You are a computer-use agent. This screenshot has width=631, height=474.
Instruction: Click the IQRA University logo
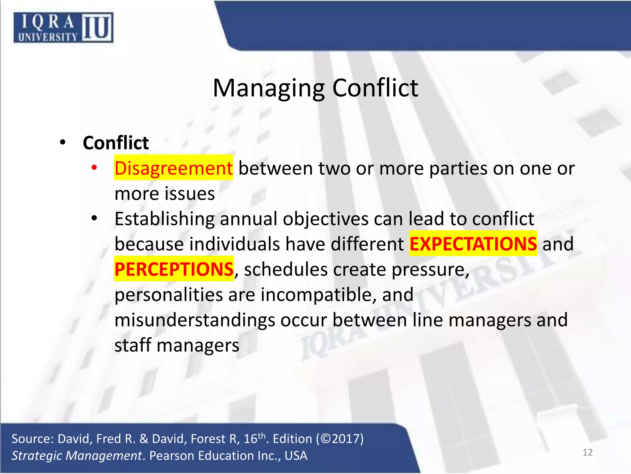tap(63, 27)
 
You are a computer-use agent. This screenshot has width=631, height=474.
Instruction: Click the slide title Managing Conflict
tap(315, 88)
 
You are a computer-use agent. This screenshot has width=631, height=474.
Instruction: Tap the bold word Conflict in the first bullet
tap(116, 143)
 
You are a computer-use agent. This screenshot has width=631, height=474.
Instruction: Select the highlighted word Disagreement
tap(173, 168)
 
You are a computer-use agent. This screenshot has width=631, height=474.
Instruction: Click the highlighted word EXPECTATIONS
tap(473, 244)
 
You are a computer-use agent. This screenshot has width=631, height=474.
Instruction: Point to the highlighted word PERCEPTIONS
tap(174, 269)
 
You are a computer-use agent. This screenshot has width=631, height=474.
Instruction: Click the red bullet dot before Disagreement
tap(94, 168)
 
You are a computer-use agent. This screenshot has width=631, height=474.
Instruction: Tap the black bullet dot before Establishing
tap(94, 218)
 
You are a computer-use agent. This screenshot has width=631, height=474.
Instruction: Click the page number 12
tap(588, 452)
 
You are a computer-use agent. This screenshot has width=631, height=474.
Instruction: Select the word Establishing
tap(165, 219)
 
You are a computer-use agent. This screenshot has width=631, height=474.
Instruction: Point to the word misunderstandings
tap(195, 320)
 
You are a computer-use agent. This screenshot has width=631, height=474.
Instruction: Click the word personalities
tap(169, 295)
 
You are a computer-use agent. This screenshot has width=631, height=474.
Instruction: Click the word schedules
tap(286, 269)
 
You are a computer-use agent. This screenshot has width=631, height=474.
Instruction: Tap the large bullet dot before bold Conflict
tap(63, 142)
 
